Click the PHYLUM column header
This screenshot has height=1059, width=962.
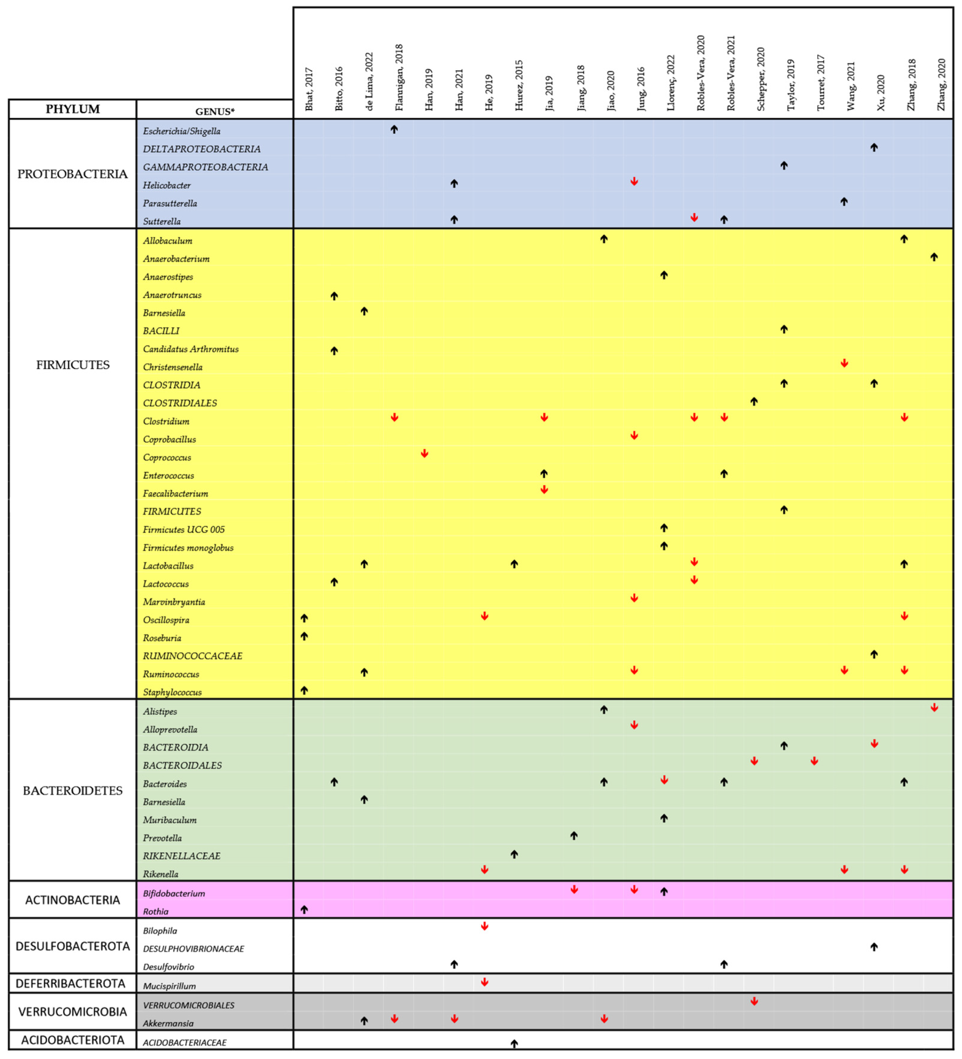tap(73, 109)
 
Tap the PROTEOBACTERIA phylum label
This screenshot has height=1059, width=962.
tap(73, 174)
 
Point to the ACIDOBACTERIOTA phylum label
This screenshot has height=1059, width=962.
tap(73, 1040)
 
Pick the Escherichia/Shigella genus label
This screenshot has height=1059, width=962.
tap(182, 131)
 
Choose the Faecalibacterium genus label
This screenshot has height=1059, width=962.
tap(175, 494)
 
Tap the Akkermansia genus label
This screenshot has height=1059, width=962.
tap(168, 1023)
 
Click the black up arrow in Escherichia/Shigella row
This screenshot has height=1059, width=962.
tap(394, 129)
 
